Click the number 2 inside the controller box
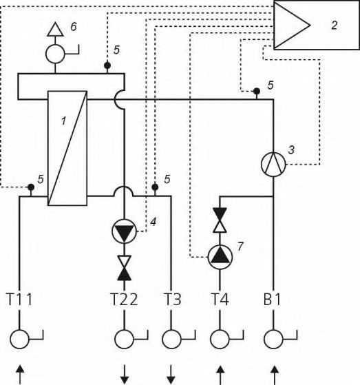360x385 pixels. coord(335,25)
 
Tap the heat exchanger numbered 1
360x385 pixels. coord(67,148)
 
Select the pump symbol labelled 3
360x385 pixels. coord(273,165)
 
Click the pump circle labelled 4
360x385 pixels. coord(124,231)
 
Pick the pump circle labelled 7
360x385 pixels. coord(220,257)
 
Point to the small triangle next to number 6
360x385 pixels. coord(56,30)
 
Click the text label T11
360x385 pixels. coord(20,300)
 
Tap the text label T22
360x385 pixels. coord(124,300)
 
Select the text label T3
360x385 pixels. coord(172,300)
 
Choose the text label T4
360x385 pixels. coord(220,300)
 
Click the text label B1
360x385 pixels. coord(272,300)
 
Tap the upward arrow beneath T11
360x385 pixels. coord(20,375)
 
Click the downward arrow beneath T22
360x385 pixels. coord(125,375)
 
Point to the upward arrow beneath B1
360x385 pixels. coord(275,375)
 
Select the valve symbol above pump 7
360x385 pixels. coord(220,220)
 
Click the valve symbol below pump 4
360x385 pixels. coord(124,268)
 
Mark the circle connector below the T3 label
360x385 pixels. coord(171,340)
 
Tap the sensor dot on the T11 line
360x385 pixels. coord(31,187)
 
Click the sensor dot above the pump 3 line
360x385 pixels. coord(257,92)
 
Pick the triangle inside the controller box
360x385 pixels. coord(292,25)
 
